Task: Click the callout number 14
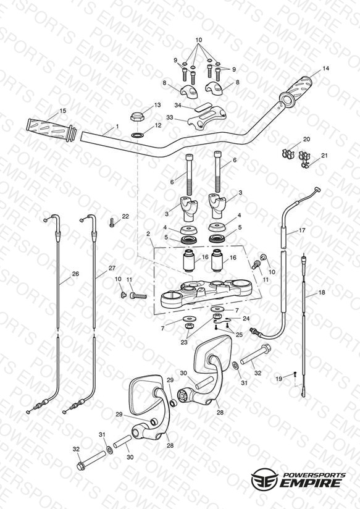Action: pos(325,69)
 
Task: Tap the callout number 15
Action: pos(63,111)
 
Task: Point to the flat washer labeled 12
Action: pos(138,135)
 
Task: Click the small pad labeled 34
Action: pos(203,106)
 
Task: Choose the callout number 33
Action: pos(170,117)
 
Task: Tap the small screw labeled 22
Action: pos(112,222)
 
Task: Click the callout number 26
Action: pos(75,274)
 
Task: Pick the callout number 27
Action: pos(112,268)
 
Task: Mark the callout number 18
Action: pos(321,292)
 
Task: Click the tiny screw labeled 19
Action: pos(295,374)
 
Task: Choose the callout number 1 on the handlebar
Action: pos(117,126)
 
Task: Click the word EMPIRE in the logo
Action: pos(311,483)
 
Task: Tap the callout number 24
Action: pos(246,319)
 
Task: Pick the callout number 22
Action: pos(125,217)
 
